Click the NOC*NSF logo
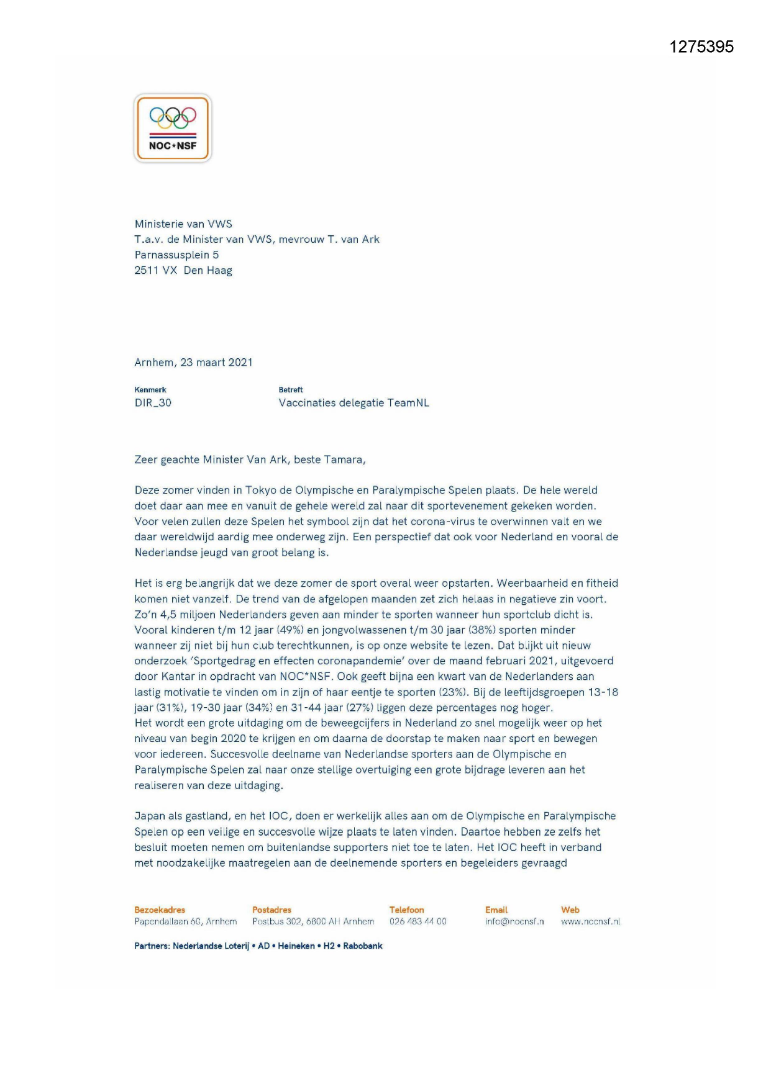pos(173,129)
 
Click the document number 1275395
pos(701,47)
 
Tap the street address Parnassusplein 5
pos(176,255)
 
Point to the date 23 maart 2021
pos(216,363)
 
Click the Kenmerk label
pos(150,390)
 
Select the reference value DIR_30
pos(153,403)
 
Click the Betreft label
pos(291,390)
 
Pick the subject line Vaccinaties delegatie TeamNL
pos(354,403)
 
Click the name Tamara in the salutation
pos(345,460)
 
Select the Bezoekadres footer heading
pos(160,910)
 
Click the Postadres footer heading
pos(271,910)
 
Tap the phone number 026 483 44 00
pos(417,922)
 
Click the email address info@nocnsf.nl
pos(514,922)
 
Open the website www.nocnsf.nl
pos(590,922)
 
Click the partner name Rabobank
pos(363,946)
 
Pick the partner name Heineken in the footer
pos(296,946)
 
